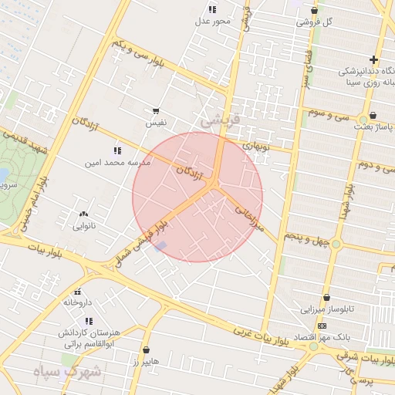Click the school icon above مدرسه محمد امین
(117, 150)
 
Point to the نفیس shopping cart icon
(156, 111)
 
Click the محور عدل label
(212, 21)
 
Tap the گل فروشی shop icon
(314, 10)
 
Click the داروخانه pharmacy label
(77, 302)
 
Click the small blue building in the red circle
(160, 246)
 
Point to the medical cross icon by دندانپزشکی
(373, 59)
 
